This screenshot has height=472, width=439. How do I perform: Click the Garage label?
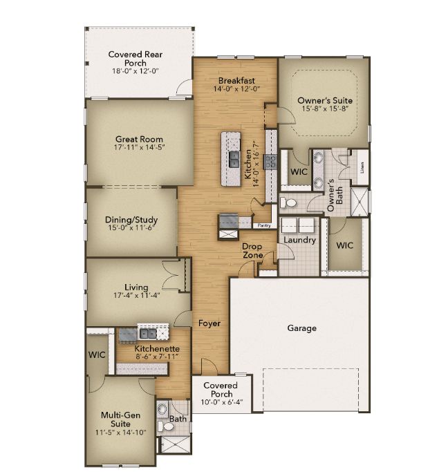[301, 328]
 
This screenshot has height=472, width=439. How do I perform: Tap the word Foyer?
[209, 323]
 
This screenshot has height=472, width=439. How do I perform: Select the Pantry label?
[263, 225]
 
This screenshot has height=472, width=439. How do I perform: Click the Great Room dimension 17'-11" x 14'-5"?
[139, 147]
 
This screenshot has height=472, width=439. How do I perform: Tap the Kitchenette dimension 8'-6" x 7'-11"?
[157, 358]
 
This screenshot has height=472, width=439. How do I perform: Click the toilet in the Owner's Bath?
[289, 202]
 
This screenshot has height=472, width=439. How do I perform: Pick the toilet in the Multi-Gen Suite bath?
[162, 410]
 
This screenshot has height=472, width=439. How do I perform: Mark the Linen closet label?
[362, 168]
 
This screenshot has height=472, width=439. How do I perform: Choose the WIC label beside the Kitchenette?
[95, 355]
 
